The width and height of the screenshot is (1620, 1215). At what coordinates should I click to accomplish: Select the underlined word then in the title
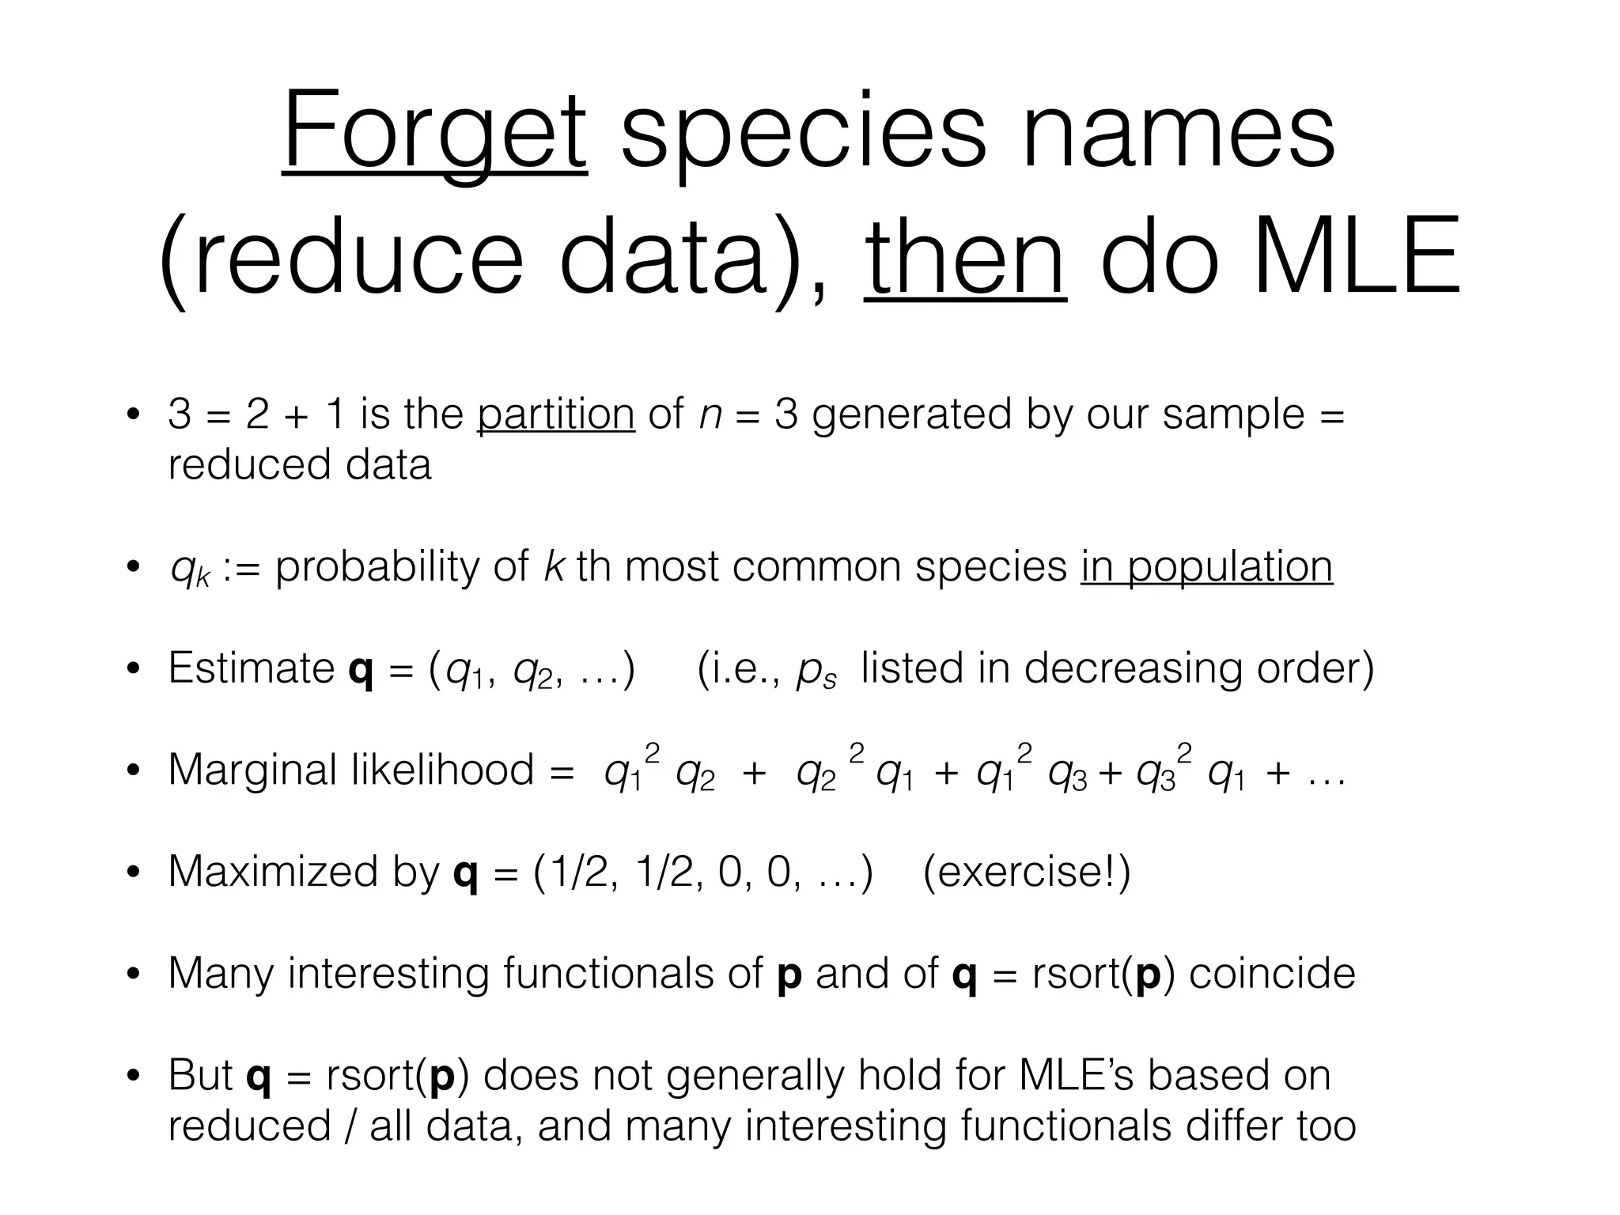(965, 258)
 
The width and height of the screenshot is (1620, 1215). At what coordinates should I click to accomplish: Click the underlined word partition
(555, 414)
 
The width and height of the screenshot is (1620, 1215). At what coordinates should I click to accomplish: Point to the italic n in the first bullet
(710, 415)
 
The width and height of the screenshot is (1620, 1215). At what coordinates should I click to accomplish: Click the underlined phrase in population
(1206, 566)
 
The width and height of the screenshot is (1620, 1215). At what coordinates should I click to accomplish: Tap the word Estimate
(251, 668)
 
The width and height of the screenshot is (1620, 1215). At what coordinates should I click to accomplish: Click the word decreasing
(1134, 668)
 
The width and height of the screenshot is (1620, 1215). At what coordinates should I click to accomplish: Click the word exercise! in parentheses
(1026, 872)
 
